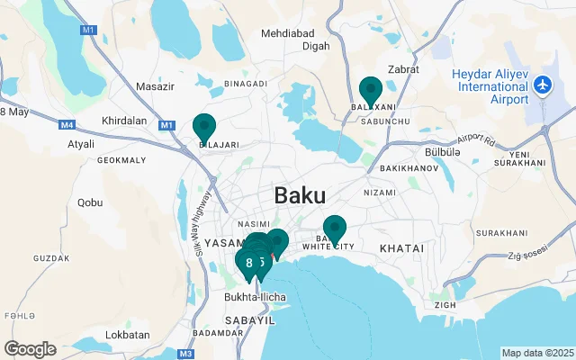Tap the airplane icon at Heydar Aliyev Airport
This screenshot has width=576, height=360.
(542, 85)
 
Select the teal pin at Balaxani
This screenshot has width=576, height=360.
(370, 91)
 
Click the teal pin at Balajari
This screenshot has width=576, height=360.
(204, 127)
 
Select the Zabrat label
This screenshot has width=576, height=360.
(404, 68)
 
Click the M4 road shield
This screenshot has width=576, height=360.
(68, 125)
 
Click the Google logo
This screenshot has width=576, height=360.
(30, 348)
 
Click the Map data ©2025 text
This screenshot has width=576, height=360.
(537, 353)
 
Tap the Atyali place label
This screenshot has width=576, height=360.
(80, 143)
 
